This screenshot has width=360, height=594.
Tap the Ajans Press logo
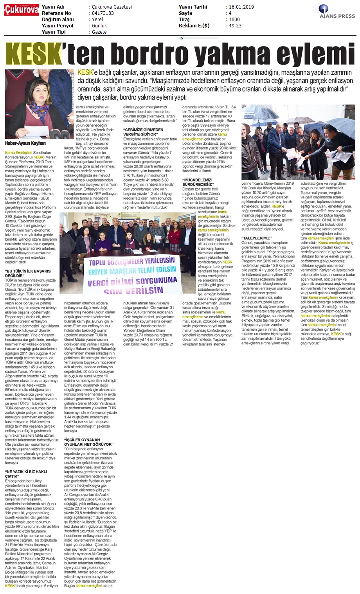[336, 12]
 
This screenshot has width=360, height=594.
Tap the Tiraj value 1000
[234, 20]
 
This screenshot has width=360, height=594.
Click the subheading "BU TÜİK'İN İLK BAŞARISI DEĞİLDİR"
[28, 272]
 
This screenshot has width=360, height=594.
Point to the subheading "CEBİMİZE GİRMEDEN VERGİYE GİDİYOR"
[143, 132]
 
